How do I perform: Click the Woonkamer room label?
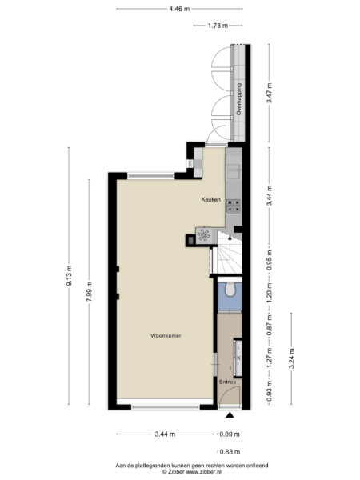point(165,336)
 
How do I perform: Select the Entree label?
point(228,382)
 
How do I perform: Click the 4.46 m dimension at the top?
point(179,9)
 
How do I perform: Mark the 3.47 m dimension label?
point(269,94)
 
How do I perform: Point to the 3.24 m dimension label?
point(291,354)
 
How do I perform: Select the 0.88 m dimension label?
point(230,452)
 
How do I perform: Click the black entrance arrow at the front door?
point(230,416)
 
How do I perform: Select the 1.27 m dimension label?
point(269,354)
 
